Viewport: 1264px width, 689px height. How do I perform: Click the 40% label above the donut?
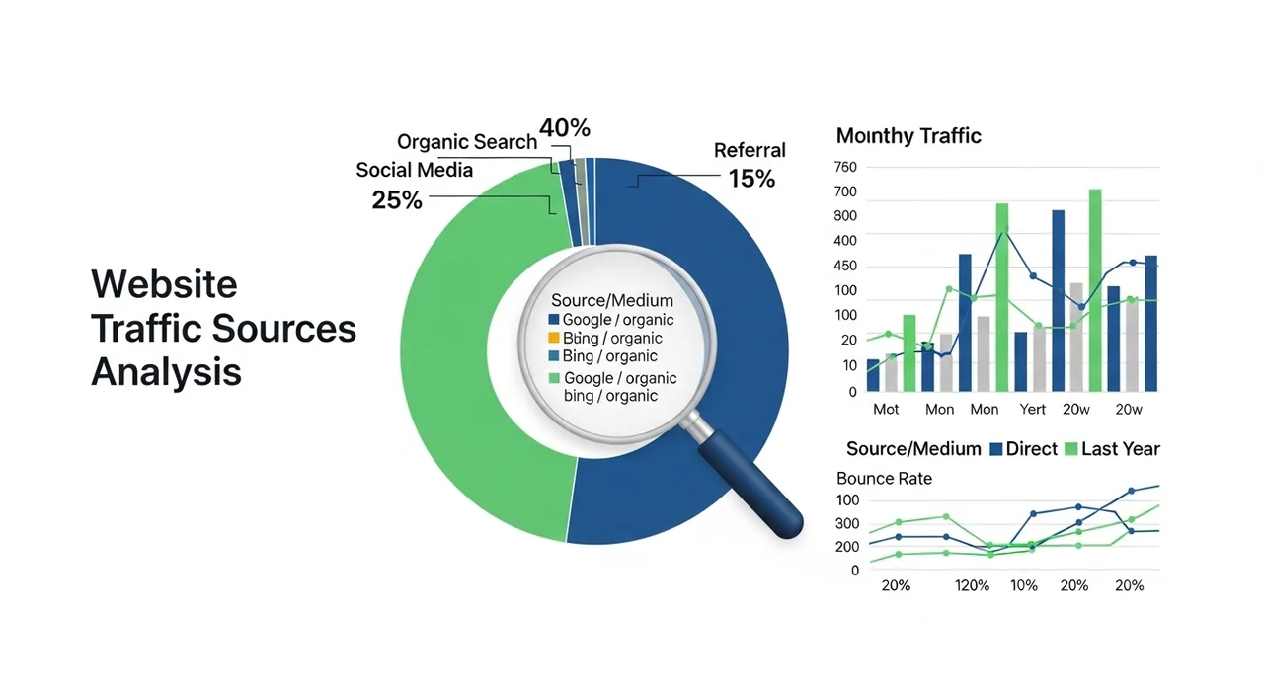pyautogui.click(x=565, y=128)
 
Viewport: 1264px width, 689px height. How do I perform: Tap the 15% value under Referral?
pyautogui.click(x=751, y=179)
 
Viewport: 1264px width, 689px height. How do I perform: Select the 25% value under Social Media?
pyautogui.click(x=397, y=200)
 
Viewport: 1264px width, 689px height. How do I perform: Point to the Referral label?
pyautogui.click(x=750, y=150)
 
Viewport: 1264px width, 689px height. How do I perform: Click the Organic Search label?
pyautogui.click(x=467, y=142)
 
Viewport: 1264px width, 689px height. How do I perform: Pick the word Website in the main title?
pyautogui.click(x=164, y=284)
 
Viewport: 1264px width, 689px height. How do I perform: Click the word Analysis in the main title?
pyautogui.click(x=166, y=372)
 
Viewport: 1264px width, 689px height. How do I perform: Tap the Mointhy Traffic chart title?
pyautogui.click(x=908, y=136)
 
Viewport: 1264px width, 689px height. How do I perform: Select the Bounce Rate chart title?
pyautogui.click(x=884, y=479)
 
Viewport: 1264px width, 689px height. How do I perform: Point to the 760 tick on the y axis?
pyautogui.click(x=845, y=167)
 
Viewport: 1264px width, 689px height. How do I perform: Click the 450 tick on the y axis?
pyautogui.click(x=845, y=267)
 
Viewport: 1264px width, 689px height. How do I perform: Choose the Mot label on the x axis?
pyautogui.click(x=886, y=409)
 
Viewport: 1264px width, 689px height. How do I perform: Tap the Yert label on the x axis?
pyautogui.click(x=1033, y=409)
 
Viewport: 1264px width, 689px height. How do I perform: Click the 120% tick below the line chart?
pyautogui.click(x=972, y=585)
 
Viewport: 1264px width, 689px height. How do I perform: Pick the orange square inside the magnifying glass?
pyautogui.click(x=553, y=339)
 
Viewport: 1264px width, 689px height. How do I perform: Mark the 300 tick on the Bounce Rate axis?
pyautogui.click(x=846, y=524)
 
